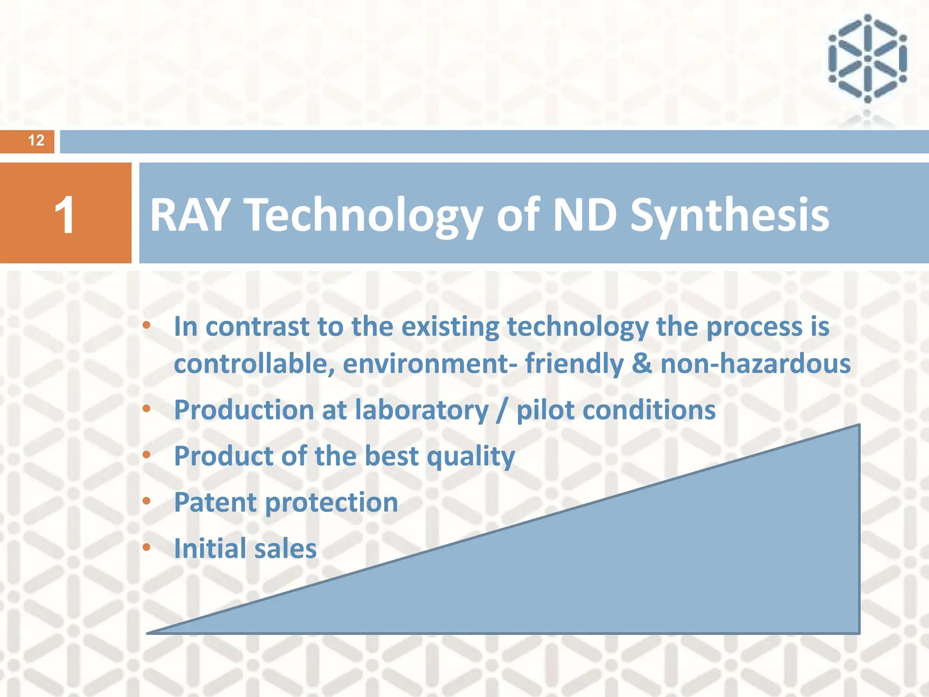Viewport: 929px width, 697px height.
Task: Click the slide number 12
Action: coord(36,141)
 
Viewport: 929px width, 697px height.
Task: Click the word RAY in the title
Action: coord(190,215)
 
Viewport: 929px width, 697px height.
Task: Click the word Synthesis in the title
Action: coord(730,216)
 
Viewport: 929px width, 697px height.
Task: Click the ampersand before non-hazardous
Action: coord(642,364)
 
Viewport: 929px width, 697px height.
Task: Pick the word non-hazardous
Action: coord(756,364)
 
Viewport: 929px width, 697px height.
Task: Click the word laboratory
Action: coord(422,410)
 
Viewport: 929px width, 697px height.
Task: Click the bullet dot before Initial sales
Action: coord(147,547)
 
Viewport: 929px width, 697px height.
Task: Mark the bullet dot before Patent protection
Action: coord(147,501)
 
